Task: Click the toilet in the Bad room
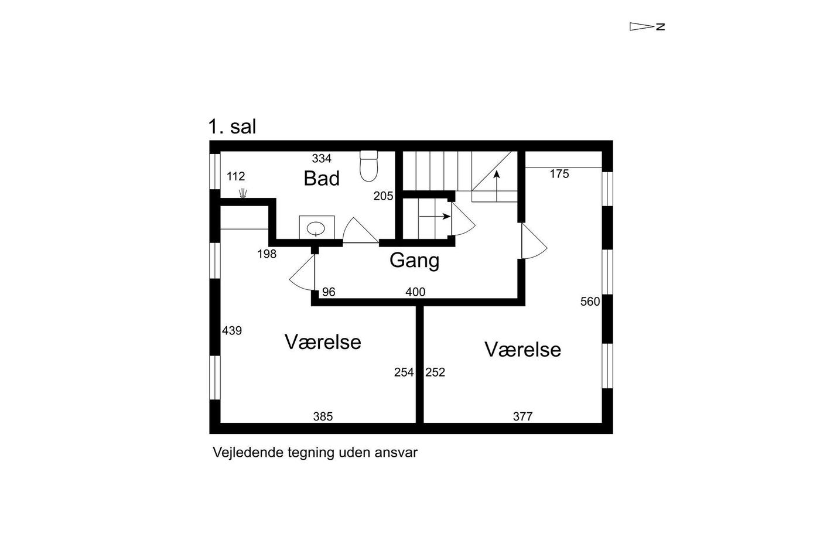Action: point(368,166)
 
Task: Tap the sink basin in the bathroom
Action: point(316,229)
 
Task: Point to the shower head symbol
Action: point(242,193)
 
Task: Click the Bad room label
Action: point(322,178)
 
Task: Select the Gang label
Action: point(414,261)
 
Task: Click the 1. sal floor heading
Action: point(232,126)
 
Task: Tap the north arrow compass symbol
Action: point(647,26)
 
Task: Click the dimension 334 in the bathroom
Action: point(322,158)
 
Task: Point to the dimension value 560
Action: point(590,302)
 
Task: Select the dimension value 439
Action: point(232,331)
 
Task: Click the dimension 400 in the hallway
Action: point(415,292)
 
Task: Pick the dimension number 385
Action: point(323,416)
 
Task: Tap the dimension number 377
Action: point(522,416)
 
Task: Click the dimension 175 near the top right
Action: point(559,174)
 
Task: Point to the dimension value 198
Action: point(266,254)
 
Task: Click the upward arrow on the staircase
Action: point(497,186)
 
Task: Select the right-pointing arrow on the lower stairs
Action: point(435,216)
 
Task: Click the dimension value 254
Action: point(404,372)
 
